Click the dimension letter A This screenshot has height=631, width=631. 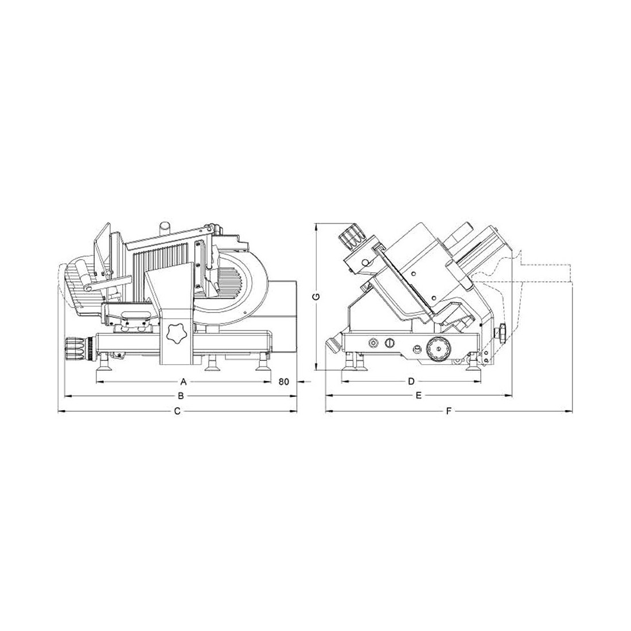point(184,381)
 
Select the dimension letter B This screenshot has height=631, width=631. point(181,396)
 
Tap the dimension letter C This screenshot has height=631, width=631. point(177,411)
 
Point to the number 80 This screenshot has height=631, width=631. point(284,381)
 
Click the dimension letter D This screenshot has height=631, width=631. point(411,381)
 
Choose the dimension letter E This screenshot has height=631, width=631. point(419,396)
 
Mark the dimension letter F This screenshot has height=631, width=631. point(449,411)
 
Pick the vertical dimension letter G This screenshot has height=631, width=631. point(317,297)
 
